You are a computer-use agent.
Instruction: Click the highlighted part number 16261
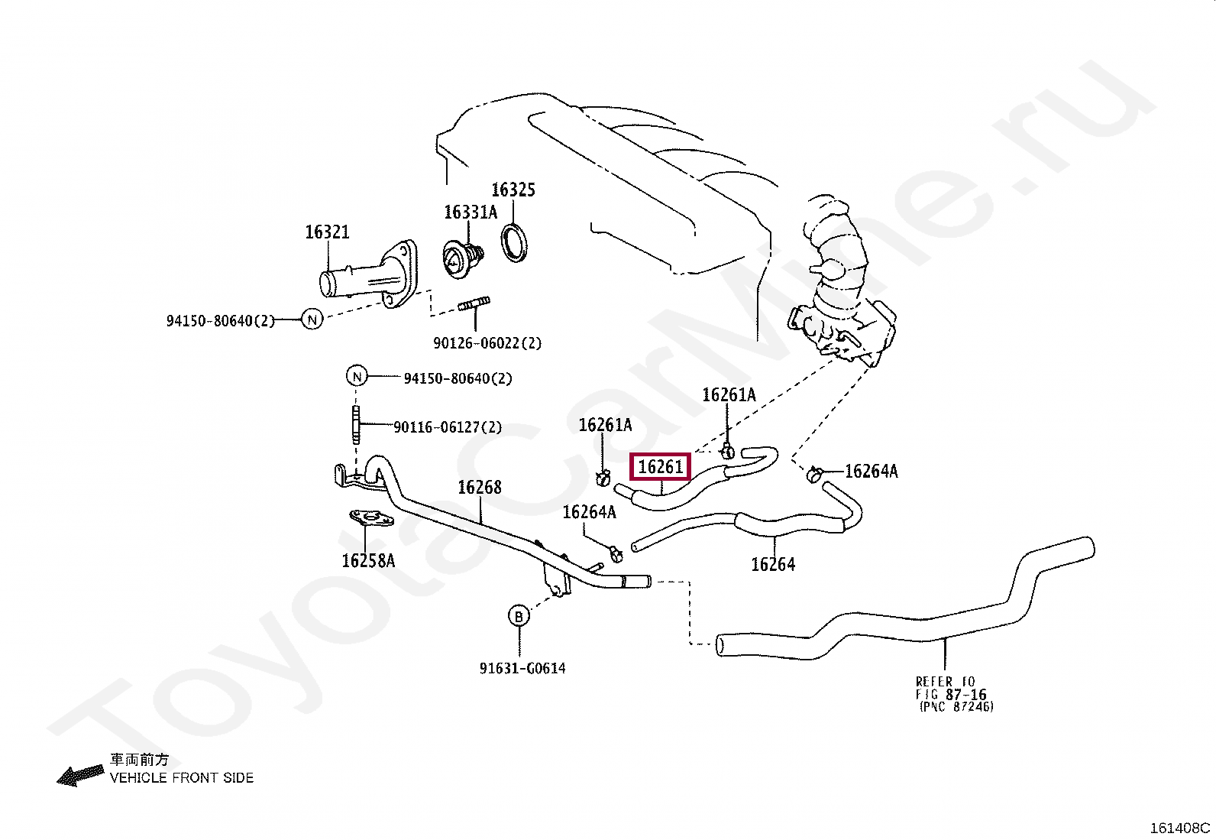661,466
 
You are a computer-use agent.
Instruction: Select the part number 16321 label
327,232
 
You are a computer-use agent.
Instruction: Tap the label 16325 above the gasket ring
513,190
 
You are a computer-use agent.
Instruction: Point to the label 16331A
471,212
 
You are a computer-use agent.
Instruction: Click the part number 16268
480,487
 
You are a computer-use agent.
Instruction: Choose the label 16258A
368,560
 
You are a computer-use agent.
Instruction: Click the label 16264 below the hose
773,564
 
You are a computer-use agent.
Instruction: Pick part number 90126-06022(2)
487,343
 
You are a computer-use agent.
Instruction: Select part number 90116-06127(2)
448,426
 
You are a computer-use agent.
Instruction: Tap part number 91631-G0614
522,668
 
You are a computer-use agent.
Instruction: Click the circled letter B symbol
519,616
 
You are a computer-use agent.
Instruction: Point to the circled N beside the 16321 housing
312,319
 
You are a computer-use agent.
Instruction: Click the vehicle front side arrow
80,775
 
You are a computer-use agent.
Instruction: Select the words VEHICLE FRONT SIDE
182,777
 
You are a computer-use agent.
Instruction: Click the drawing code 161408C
1180,828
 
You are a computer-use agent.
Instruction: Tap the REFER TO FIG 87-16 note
954,694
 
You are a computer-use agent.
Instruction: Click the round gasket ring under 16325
514,243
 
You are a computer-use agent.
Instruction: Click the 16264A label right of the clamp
872,471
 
